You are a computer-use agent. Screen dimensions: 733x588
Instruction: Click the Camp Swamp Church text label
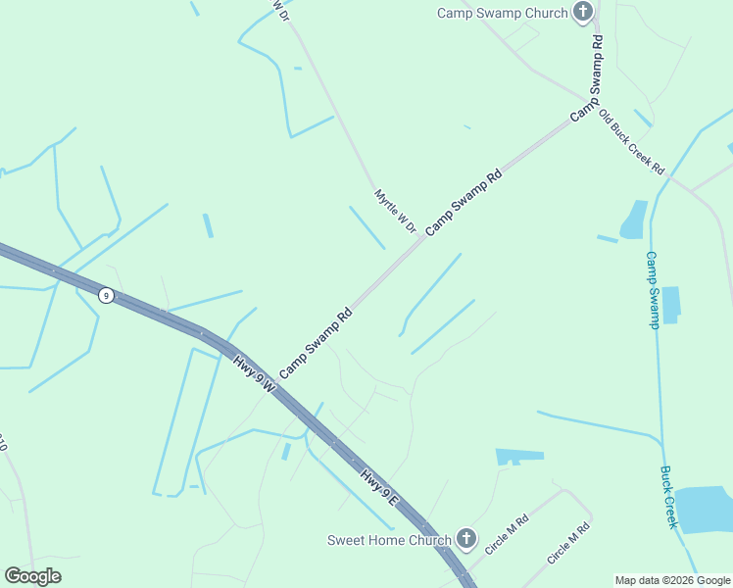tap(503, 13)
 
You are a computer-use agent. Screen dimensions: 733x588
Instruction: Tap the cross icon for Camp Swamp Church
tap(583, 13)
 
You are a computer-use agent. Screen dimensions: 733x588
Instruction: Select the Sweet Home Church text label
tap(389, 540)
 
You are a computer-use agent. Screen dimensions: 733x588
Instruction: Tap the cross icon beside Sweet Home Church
tap(466, 539)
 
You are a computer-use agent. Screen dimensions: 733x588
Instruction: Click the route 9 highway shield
tap(106, 295)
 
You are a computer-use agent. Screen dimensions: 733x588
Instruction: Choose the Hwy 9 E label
tap(377, 488)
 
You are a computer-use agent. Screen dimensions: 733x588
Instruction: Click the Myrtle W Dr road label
tap(395, 211)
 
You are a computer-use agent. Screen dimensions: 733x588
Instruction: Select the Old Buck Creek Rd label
tap(632, 142)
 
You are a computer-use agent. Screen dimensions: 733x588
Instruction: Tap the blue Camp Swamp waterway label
tap(653, 290)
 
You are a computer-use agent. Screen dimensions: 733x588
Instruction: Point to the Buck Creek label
tap(668, 497)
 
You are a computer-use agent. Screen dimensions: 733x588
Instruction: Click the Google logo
tap(32, 576)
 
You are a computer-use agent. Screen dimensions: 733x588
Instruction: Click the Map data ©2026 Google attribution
tap(672, 580)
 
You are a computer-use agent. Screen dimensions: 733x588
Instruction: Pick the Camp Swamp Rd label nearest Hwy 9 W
tap(316, 344)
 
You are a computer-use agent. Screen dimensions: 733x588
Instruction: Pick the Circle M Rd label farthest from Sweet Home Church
tap(568, 543)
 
